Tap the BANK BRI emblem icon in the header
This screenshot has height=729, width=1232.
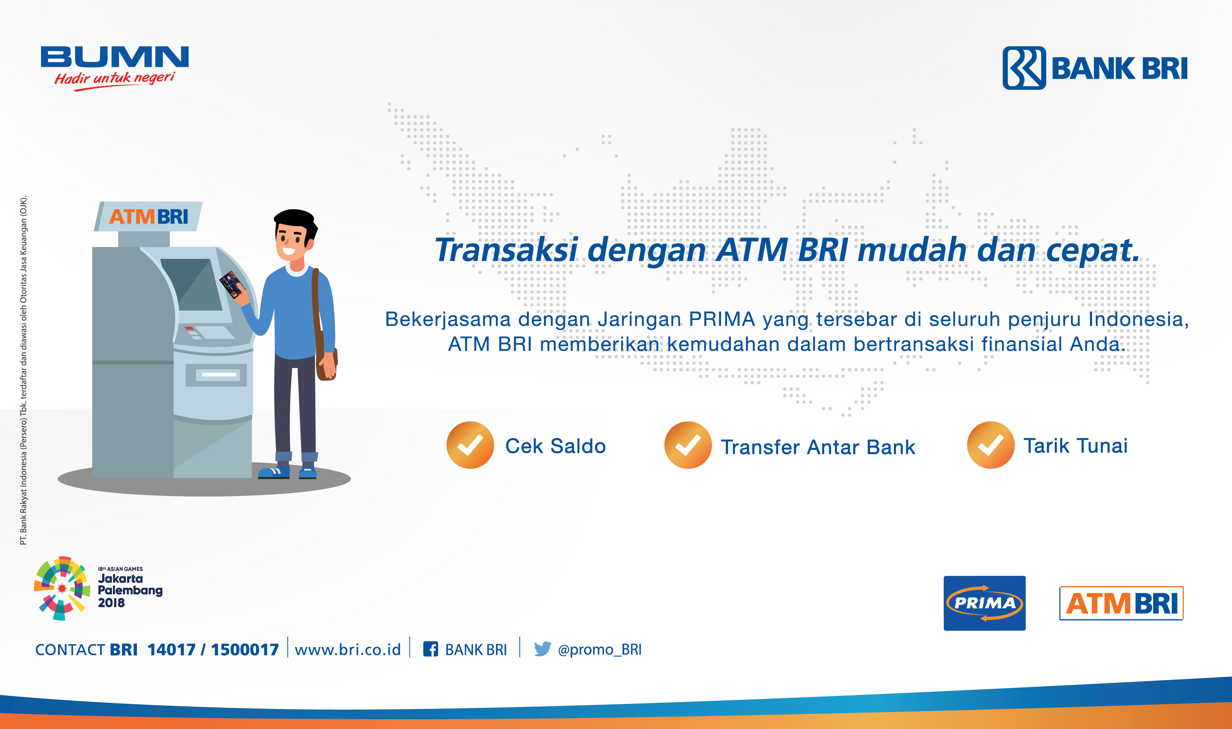pyautogui.click(x=1024, y=68)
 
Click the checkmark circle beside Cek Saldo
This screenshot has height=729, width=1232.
pyautogui.click(x=470, y=445)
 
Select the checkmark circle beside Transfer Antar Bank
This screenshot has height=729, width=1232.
pyautogui.click(x=688, y=445)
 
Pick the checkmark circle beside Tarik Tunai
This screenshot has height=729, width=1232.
pyautogui.click(x=991, y=445)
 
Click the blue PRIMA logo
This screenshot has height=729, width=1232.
pyautogui.click(x=984, y=603)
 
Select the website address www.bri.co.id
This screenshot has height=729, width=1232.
pyautogui.click(x=348, y=650)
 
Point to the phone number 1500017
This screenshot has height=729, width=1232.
pyautogui.click(x=245, y=650)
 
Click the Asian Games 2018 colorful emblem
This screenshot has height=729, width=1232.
pyautogui.click(x=62, y=588)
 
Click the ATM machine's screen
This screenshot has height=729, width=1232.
pyautogui.click(x=192, y=284)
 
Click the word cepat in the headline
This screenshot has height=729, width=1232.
pyautogui.click(x=1092, y=251)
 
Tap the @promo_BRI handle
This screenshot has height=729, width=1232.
pyautogui.click(x=600, y=650)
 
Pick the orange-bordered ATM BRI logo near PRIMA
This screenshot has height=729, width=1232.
pyautogui.click(x=1121, y=603)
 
